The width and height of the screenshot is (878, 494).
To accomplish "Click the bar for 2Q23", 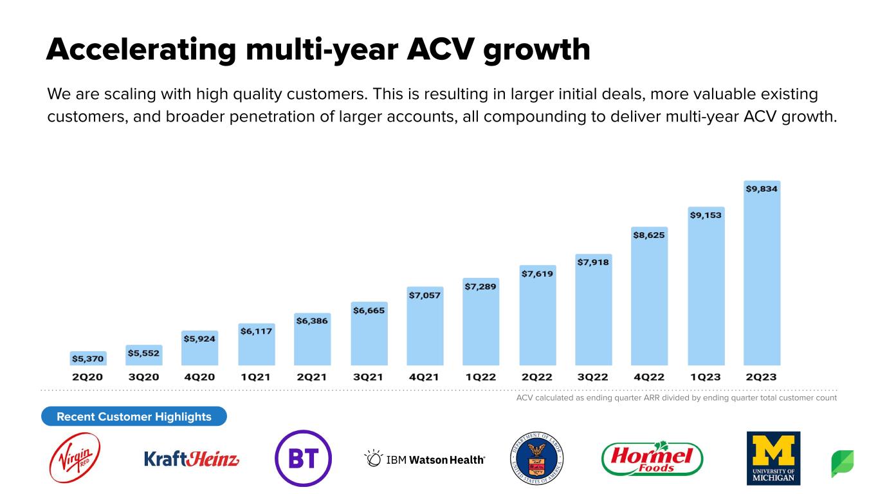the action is pyautogui.click(x=762, y=273).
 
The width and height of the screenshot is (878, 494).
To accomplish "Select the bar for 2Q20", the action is pyautogui.click(x=88, y=358).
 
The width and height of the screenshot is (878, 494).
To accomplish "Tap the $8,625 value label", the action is pyautogui.click(x=649, y=235).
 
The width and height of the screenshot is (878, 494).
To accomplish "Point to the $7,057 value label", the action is pyautogui.click(x=425, y=295).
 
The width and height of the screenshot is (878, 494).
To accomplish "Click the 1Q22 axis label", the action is pyautogui.click(x=480, y=377).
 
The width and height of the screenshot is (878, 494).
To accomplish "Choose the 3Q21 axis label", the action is pyautogui.click(x=368, y=377).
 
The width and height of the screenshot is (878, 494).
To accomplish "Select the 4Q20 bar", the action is pyautogui.click(x=199, y=348).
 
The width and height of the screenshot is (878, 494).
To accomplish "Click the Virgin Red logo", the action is pyautogui.click(x=75, y=457).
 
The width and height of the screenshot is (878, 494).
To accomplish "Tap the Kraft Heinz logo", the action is pyautogui.click(x=192, y=459).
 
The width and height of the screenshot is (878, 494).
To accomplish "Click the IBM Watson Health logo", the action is pyautogui.click(x=425, y=459).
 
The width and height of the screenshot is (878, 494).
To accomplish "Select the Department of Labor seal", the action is pyautogui.click(x=536, y=459).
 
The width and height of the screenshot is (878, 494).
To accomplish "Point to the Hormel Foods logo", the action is pyautogui.click(x=652, y=458).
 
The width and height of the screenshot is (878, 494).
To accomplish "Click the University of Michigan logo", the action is pyautogui.click(x=773, y=459).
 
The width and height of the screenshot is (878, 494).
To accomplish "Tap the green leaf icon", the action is pyautogui.click(x=843, y=464).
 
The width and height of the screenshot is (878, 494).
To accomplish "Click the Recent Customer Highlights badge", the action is pyautogui.click(x=134, y=416).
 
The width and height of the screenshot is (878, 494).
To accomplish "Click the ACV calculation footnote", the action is pyautogui.click(x=677, y=398).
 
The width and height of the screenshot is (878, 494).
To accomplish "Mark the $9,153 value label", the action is pyautogui.click(x=706, y=215).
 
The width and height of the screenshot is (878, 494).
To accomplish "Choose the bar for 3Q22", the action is pyautogui.click(x=594, y=310).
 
